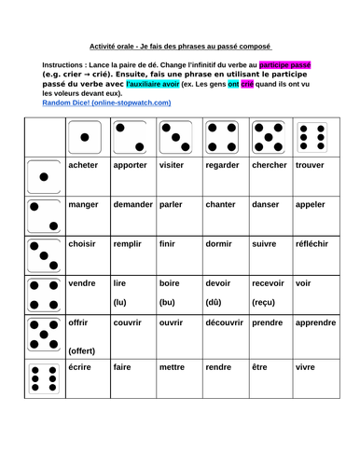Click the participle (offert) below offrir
(x=86, y=349)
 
